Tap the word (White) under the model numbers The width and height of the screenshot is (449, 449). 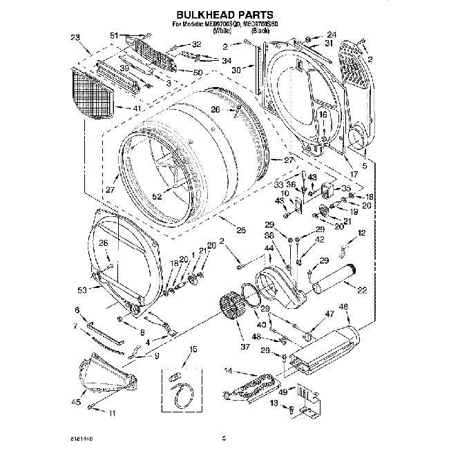(223, 31)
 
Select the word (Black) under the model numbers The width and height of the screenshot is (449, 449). (260, 31)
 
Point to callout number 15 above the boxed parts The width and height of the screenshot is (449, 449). (193, 350)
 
